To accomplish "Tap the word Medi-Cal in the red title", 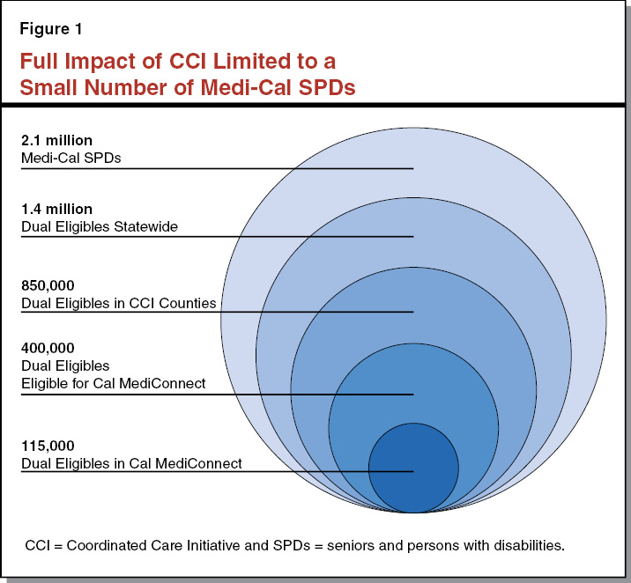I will click(250, 88).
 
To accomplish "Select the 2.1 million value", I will click(56, 141).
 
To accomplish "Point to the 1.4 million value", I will click(56, 210).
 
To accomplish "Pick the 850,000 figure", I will click(48, 286).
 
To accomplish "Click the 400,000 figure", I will click(48, 348).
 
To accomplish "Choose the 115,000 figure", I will click(48, 446).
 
